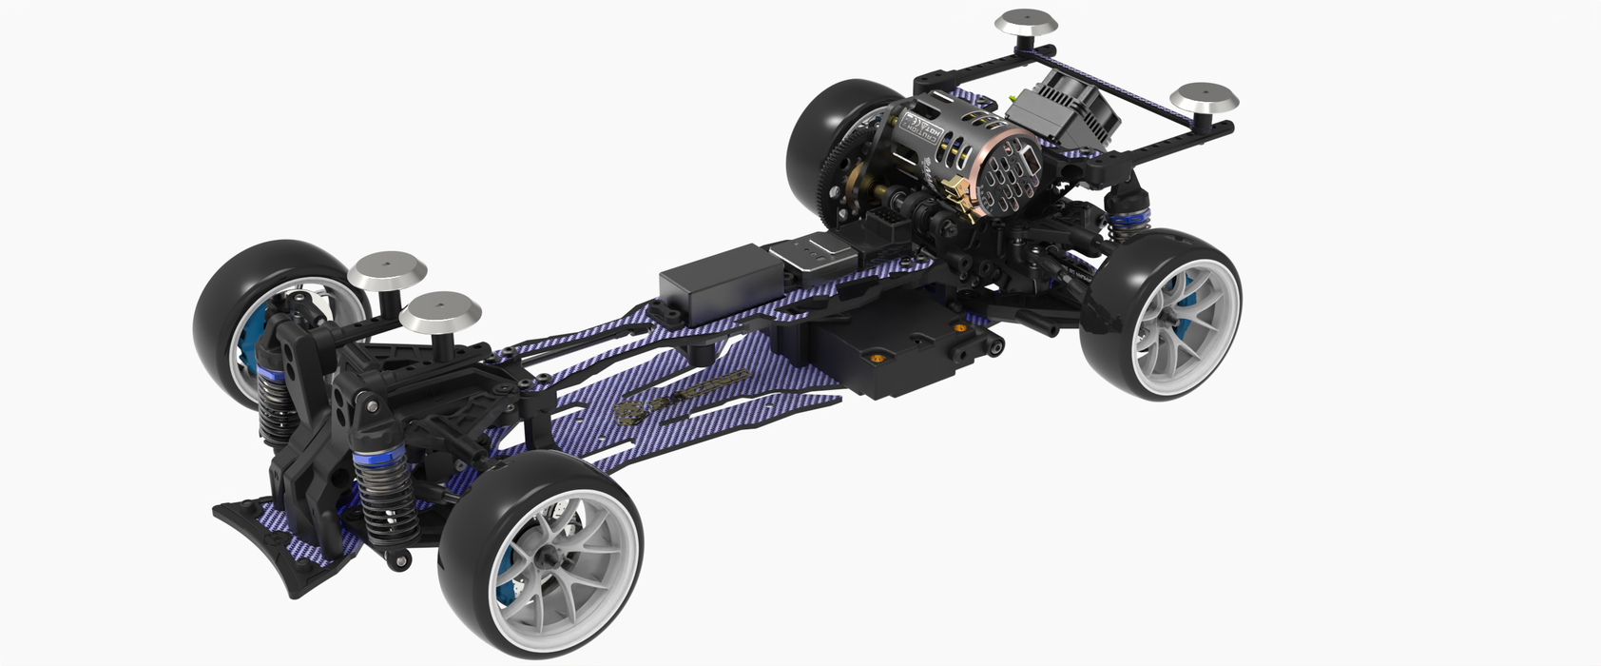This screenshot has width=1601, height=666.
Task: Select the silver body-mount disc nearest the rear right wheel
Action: [1203, 98]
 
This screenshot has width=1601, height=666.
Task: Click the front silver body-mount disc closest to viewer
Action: [439, 312]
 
